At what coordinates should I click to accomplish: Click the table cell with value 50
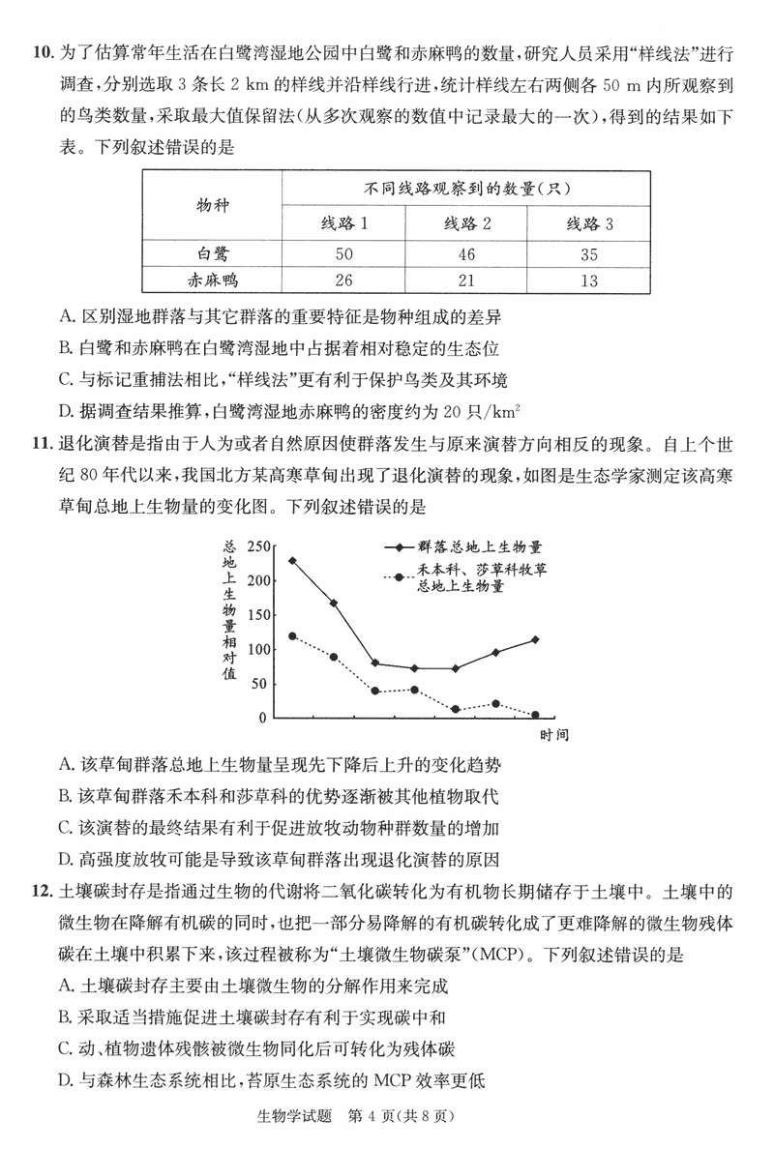pos(343,254)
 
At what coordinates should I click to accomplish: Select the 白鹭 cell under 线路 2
pos(467,254)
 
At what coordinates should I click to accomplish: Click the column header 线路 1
pos(343,223)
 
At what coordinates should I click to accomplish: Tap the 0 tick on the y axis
pos(262,718)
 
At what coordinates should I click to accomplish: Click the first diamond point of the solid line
pos(292,560)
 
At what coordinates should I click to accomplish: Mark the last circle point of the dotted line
pos(535,715)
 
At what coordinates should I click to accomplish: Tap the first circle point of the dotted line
pos(292,635)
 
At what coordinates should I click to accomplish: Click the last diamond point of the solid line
pos(535,639)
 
